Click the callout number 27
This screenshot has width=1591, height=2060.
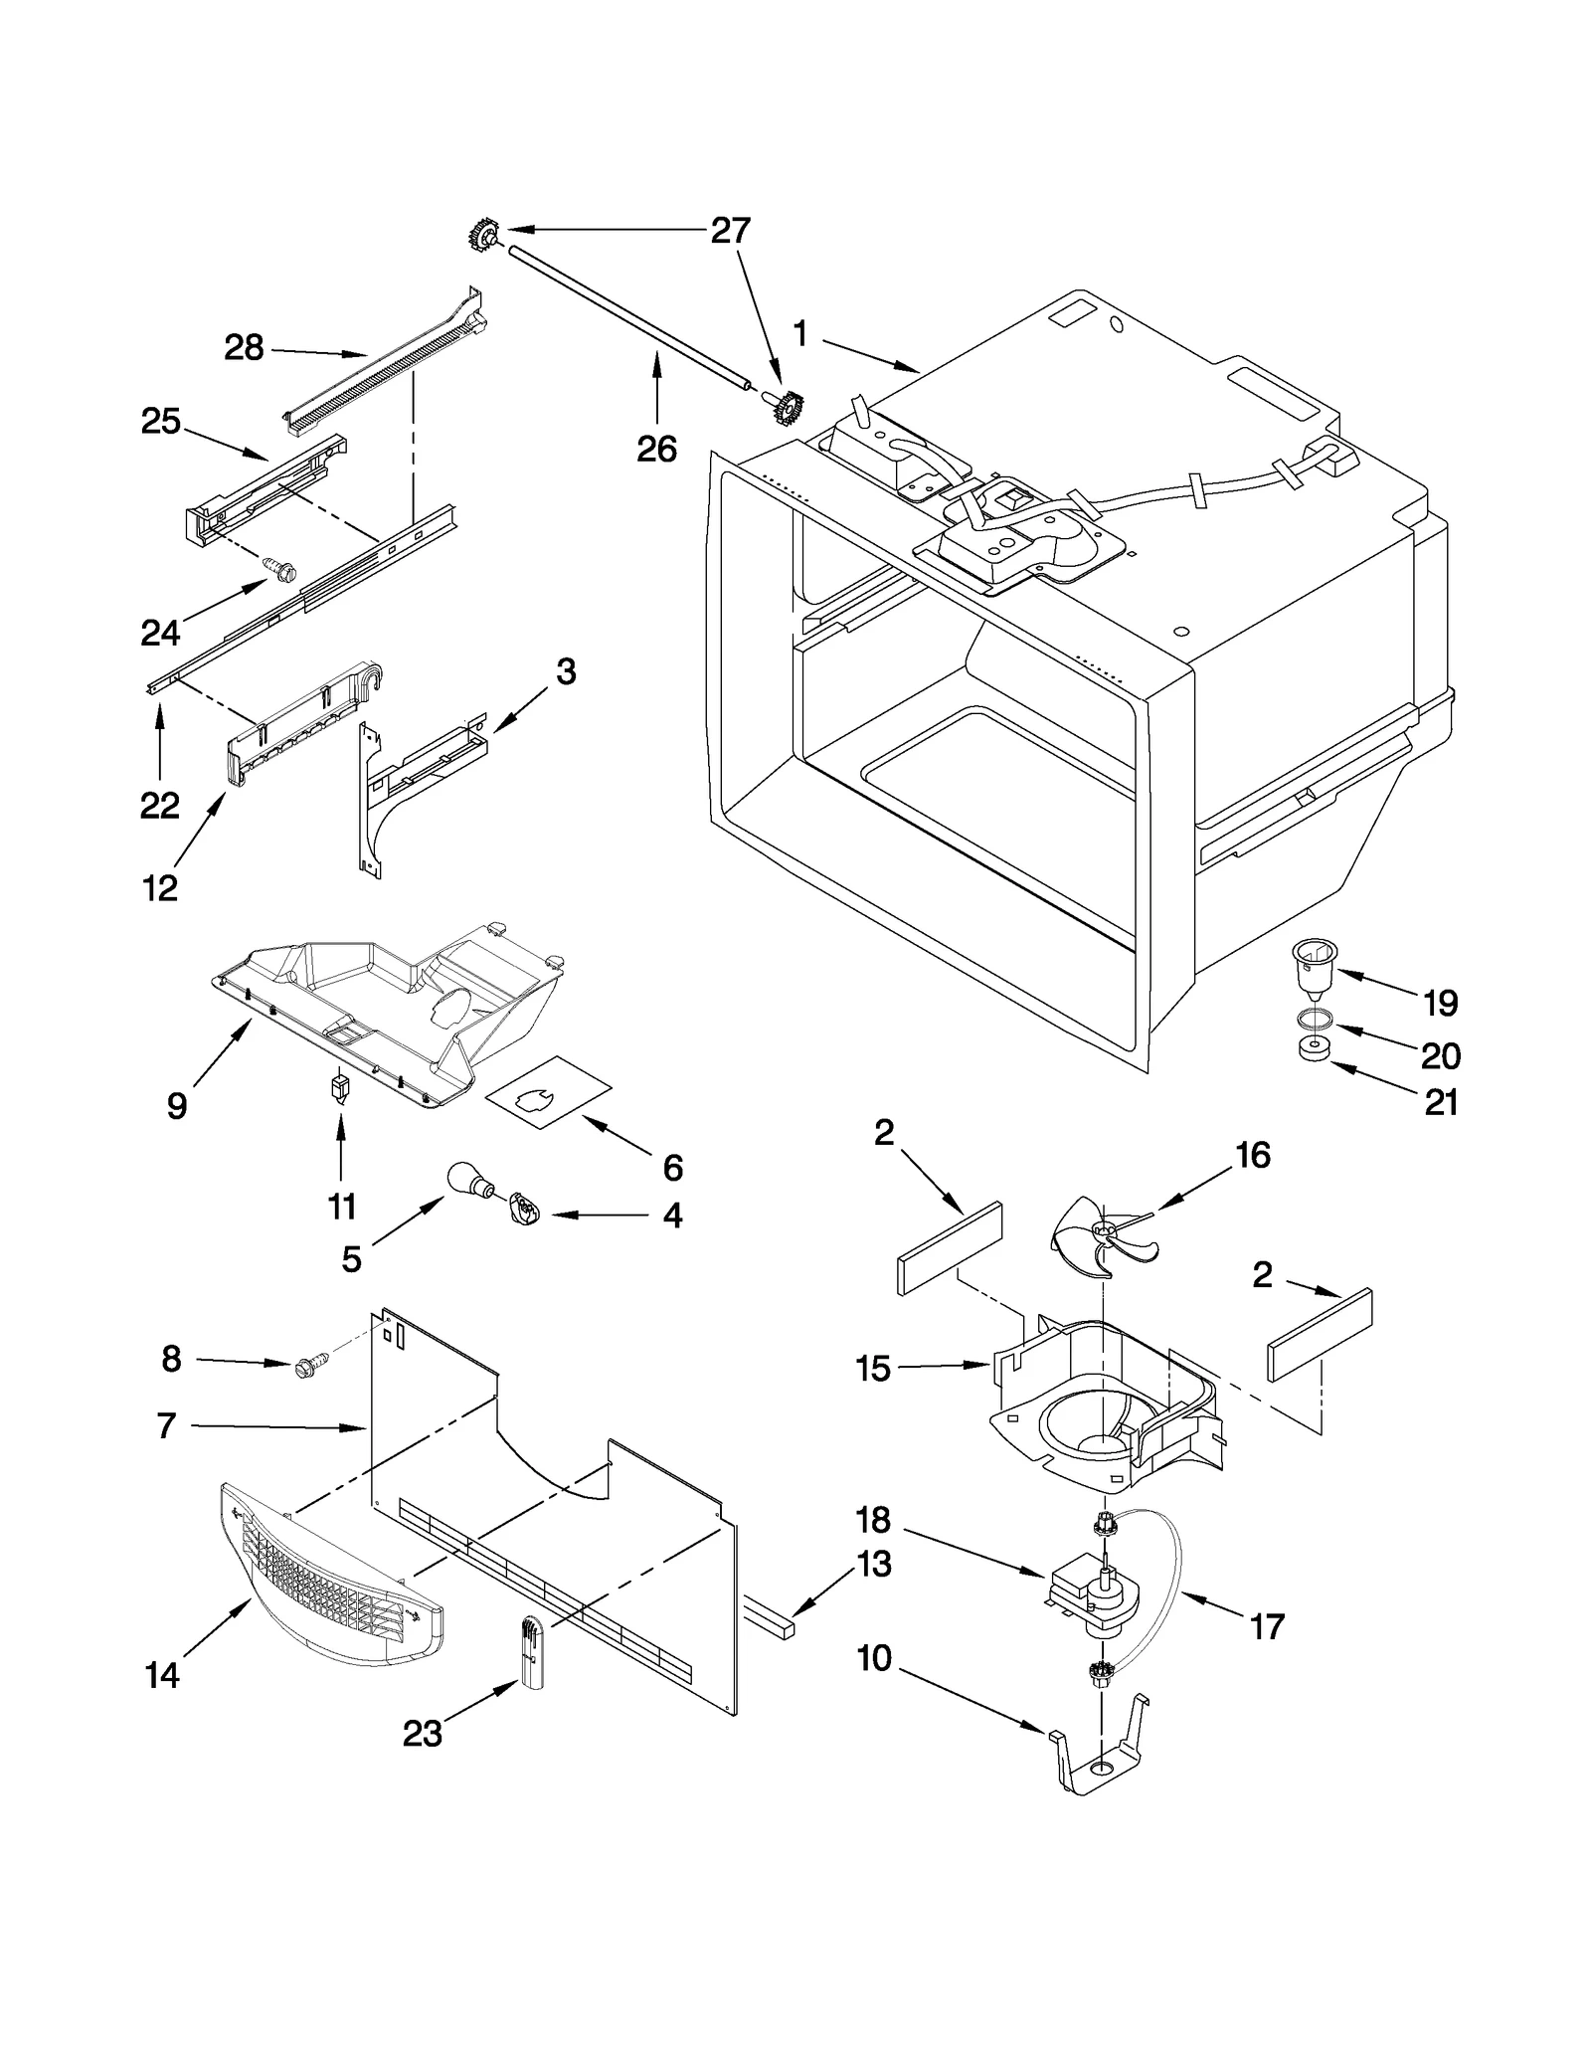click(730, 231)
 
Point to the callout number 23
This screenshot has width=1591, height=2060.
click(422, 1734)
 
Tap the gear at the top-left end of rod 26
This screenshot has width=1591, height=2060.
click(484, 236)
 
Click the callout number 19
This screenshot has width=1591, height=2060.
click(1440, 1003)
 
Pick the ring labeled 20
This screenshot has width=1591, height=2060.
click(1315, 1018)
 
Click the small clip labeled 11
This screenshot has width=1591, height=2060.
click(341, 1087)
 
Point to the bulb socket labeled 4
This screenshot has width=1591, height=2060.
click(523, 1212)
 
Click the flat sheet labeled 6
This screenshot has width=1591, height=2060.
click(548, 1091)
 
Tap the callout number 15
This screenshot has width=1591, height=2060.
click(872, 1369)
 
